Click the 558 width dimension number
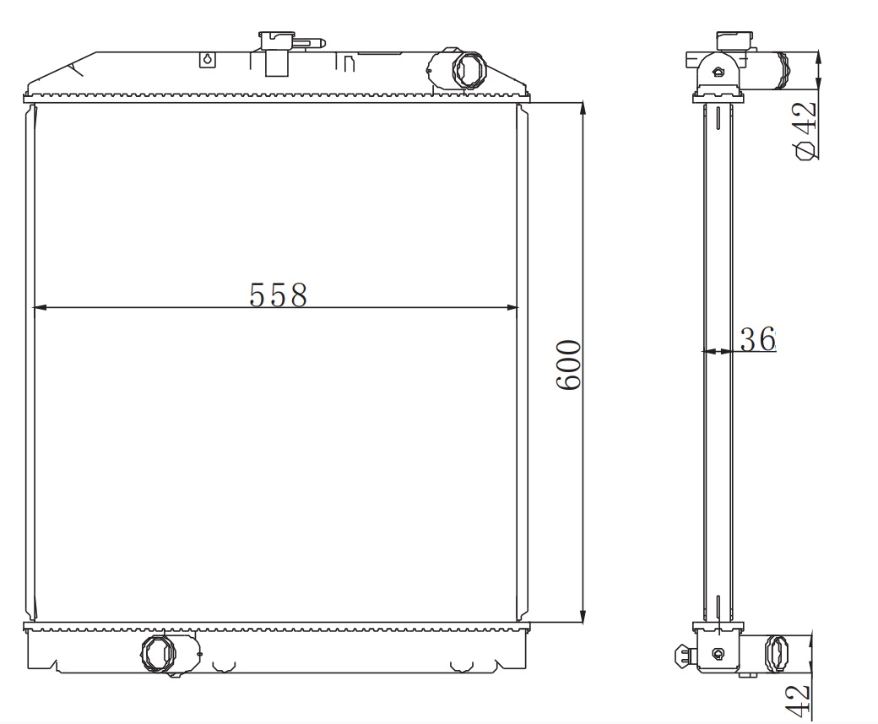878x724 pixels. click(279, 294)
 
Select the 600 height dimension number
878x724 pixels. click(569, 365)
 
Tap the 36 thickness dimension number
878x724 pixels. click(757, 339)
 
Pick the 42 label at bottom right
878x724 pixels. click(798, 700)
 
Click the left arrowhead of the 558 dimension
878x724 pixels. click(39, 307)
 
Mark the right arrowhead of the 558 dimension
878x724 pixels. click(512, 307)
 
